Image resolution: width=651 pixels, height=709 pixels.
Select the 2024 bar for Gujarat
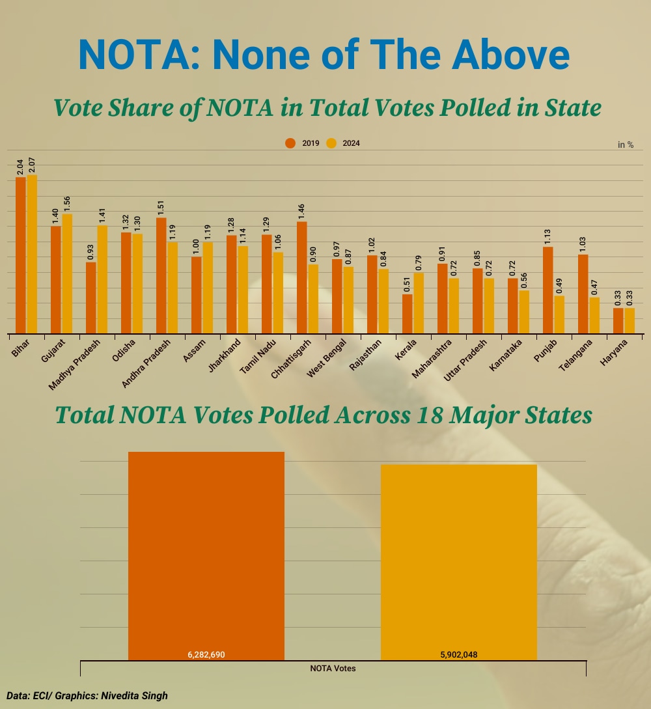tap(66, 273)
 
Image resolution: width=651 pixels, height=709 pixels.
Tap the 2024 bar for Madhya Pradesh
tap(102, 279)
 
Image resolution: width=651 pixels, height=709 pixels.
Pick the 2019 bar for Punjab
tap(548, 290)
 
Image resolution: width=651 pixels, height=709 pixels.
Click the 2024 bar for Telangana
tap(594, 315)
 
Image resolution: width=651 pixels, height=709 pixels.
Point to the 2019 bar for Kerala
tap(408, 314)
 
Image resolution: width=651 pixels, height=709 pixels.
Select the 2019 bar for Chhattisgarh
tap(302, 277)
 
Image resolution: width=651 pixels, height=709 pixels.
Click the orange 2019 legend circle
tap(290, 143)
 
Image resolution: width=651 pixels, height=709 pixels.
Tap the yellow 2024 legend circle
tap(331, 143)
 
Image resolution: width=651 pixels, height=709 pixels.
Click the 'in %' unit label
tap(626, 145)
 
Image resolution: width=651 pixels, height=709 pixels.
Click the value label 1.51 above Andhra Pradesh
tap(161, 208)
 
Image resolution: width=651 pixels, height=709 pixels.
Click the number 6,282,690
tap(206, 654)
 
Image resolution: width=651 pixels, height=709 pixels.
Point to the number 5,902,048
tap(459, 654)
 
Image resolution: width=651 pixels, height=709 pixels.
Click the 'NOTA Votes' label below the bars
tap(333, 668)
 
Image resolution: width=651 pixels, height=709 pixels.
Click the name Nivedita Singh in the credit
tap(134, 696)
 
